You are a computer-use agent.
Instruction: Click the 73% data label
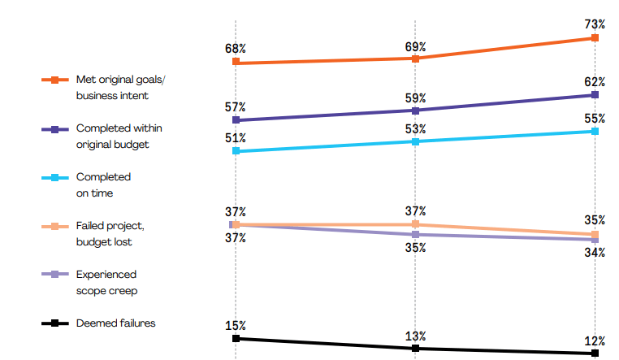pos(595,24)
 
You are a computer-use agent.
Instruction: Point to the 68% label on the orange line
pos(236,49)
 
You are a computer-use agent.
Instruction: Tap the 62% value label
pos(595,81)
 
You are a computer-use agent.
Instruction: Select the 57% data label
pos(236,106)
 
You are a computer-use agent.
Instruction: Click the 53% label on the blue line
pos(415,128)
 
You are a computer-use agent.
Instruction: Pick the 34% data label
pos(595,253)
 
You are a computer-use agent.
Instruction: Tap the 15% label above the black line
pos(236,326)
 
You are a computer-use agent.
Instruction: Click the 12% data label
pos(595,341)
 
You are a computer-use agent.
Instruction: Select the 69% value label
pos(415,46)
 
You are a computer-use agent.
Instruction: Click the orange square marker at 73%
pos(595,37)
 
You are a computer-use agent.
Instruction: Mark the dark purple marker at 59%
pos(415,111)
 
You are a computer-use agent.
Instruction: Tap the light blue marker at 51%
pos(236,151)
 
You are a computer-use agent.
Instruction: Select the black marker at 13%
pos(415,349)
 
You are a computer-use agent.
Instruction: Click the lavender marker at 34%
pos(595,240)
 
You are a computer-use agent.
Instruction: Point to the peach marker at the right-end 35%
pos(595,235)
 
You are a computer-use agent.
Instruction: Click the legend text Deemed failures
pos(115,323)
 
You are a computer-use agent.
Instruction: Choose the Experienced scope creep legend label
pos(106,282)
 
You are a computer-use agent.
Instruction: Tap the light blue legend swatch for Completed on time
pos(54,178)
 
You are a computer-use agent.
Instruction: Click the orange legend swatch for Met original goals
pos(54,80)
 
